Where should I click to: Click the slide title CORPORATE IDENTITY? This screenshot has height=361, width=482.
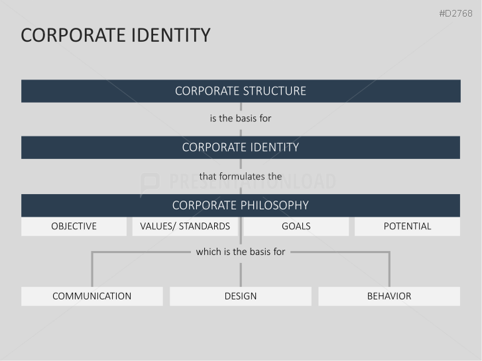(x=115, y=35)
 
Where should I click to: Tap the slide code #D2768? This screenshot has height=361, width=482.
(x=455, y=13)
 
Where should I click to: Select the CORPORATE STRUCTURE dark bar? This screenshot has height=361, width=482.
(x=241, y=91)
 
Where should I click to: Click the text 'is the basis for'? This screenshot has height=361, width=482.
(x=241, y=119)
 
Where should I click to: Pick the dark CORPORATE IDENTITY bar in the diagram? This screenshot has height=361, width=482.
(x=241, y=147)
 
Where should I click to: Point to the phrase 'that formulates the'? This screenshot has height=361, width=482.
(x=241, y=176)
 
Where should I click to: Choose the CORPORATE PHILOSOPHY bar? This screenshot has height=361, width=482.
(x=241, y=205)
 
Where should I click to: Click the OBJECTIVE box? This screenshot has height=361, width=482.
(x=74, y=227)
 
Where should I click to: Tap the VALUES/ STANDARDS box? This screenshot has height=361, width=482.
(x=185, y=227)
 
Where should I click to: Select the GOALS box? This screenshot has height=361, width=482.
(x=296, y=227)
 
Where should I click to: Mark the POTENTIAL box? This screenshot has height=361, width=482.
(x=407, y=227)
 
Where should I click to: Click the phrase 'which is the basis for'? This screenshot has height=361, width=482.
(x=241, y=252)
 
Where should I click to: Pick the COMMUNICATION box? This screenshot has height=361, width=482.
(x=91, y=296)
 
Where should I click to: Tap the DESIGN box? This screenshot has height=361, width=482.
(x=241, y=296)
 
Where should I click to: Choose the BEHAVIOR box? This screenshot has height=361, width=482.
(x=389, y=296)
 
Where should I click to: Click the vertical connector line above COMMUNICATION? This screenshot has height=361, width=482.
(x=91, y=270)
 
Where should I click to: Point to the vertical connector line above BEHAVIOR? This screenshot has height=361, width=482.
(x=389, y=270)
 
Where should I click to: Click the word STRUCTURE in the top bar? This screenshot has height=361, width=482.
(x=274, y=91)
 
